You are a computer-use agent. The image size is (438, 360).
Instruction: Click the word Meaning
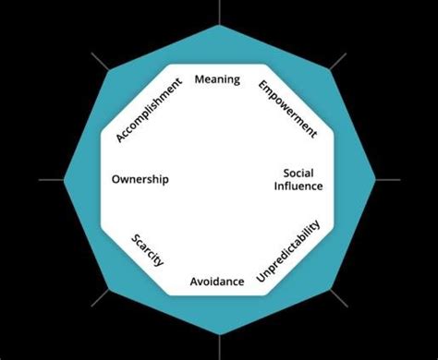217,79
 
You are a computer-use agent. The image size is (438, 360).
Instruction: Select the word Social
298,173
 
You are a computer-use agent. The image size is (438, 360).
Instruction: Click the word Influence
298,186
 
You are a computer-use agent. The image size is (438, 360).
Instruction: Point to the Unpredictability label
289,251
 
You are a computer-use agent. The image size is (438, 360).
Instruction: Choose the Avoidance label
217,281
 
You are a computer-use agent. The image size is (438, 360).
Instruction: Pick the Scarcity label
148,249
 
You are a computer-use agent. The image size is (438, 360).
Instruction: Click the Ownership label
140,179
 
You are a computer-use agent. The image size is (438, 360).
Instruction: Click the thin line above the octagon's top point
219,11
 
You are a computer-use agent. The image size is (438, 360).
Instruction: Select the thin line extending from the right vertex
388,179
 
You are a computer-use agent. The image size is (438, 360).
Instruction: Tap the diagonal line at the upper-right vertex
337,62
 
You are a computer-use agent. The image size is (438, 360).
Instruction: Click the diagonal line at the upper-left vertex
101,62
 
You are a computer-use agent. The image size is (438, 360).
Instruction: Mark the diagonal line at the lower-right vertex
338,297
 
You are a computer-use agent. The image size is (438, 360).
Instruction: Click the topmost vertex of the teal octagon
219,25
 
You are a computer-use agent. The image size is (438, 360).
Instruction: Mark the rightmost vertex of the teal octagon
375,179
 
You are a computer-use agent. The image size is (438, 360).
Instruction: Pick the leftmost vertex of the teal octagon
63,179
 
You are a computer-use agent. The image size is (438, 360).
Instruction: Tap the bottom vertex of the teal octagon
219,334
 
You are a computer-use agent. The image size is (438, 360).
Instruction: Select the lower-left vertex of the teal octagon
109,289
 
